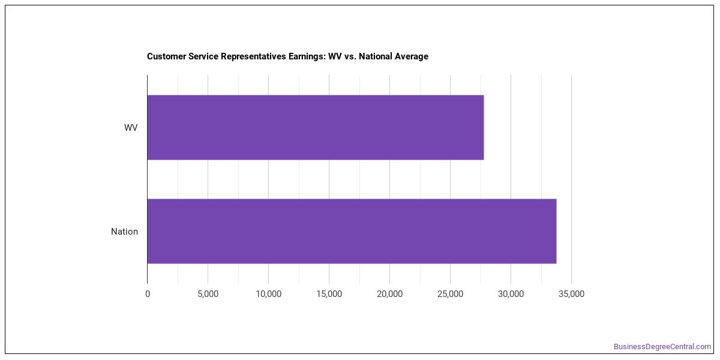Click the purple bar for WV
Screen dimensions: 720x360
316,127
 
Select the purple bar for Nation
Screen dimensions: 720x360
352,231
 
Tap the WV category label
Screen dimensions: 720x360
131,128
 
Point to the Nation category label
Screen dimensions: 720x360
124,232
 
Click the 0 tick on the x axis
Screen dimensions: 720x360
148,294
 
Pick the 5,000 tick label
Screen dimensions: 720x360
208,294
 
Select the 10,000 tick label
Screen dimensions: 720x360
268,294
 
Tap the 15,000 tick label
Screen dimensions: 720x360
329,294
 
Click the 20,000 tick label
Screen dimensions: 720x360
389,294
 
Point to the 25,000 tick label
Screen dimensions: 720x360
451,294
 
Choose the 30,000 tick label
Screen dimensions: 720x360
511,294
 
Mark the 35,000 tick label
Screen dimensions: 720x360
571,294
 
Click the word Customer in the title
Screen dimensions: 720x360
166,56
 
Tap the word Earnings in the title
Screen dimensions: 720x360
307,56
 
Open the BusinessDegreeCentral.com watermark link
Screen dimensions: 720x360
662,347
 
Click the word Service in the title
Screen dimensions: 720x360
203,56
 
